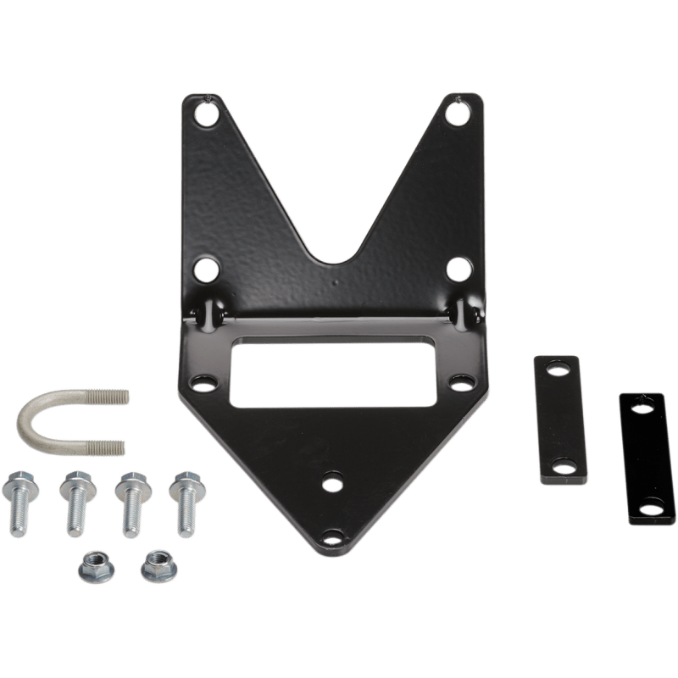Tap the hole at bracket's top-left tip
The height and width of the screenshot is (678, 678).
click(205, 111)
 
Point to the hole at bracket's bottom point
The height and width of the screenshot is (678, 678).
click(332, 536)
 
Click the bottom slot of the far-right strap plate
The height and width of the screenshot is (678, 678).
click(648, 509)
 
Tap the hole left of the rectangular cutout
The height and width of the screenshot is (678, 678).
click(202, 381)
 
